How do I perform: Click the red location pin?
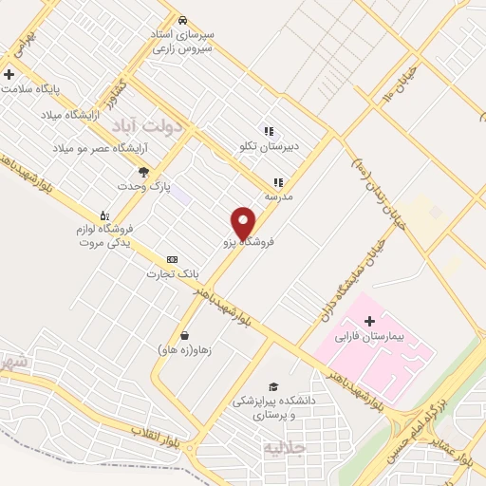[243, 223]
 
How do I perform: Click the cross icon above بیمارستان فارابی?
[369, 322]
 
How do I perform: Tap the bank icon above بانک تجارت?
[172, 259]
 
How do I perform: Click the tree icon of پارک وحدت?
[143, 172]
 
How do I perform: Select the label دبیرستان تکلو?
[270, 146]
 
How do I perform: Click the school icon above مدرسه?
[278, 181]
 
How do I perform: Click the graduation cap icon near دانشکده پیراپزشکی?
[272, 387]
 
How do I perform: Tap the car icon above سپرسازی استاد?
[182, 19]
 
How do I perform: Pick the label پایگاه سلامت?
[43, 89]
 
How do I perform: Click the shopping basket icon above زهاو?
[184, 334]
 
